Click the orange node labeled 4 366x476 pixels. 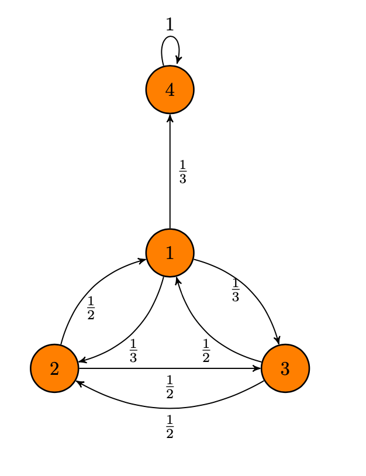tap(170, 89)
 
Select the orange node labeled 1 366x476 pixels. tap(170, 253)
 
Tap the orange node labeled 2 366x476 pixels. tap(54, 368)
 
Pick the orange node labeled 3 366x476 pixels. tap(285, 368)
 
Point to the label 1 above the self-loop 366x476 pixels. tap(170, 25)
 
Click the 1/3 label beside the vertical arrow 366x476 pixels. tap(182, 172)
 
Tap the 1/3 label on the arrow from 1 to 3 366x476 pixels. tap(236, 291)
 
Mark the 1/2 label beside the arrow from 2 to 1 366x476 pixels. tap(91, 308)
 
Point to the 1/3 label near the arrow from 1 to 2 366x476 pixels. tap(133, 351)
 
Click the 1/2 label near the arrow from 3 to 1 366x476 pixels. tap(206, 351)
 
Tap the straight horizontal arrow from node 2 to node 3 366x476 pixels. tap(170, 368)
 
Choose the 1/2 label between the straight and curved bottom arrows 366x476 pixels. tap(170, 387)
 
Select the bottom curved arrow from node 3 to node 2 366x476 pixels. tap(170, 407)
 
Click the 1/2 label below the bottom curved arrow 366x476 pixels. tap(170, 426)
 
